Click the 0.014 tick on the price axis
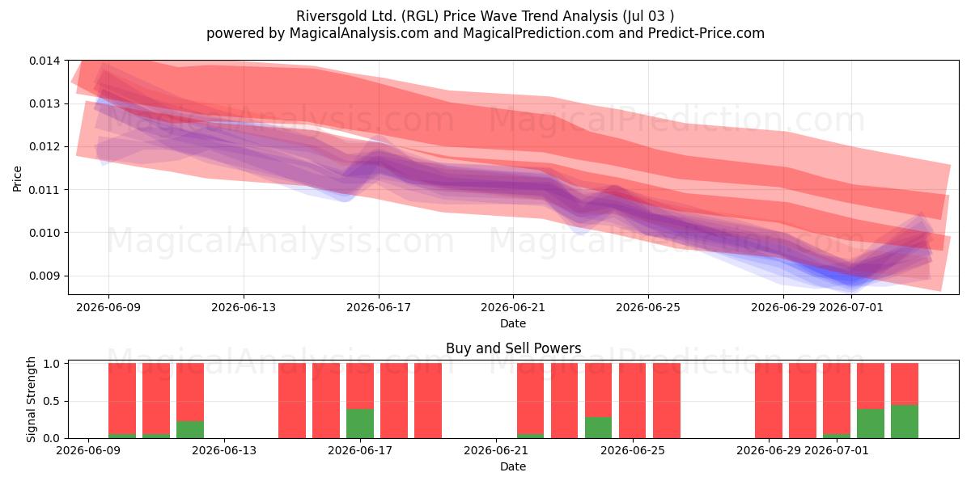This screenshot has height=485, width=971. pyautogui.click(x=45, y=61)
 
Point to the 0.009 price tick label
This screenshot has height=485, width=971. pyautogui.click(x=45, y=276)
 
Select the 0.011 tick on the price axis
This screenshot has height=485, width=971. pyautogui.click(x=45, y=190)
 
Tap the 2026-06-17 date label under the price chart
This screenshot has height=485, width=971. pyautogui.click(x=379, y=307)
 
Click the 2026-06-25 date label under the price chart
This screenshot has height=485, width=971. pyautogui.click(x=648, y=307)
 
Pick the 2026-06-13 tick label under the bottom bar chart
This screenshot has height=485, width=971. pyautogui.click(x=224, y=451)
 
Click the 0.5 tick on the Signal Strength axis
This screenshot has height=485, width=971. pyautogui.click(x=52, y=401)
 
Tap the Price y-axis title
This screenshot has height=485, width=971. pyautogui.click(x=17, y=179)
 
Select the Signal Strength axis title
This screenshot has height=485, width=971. pyautogui.click(x=31, y=399)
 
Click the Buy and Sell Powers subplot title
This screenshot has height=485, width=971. pyautogui.click(x=513, y=348)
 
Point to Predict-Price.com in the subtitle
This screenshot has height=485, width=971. pyautogui.click(x=706, y=33)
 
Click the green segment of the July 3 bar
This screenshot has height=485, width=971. pyautogui.click(x=905, y=421)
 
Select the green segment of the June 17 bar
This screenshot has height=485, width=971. pyautogui.click(x=360, y=423)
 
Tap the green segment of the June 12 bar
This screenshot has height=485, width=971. pyautogui.click(x=190, y=429)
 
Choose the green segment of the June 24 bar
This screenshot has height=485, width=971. pyautogui.click(x=598, y=427)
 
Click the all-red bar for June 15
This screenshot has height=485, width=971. pyautogui.click(x=292, y=401)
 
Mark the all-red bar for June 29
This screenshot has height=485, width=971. pyautogui.click(x=769, y=401)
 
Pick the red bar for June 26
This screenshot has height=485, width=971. pyautogui.click(x=666, y=401)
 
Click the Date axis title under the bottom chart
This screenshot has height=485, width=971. pyautogui.click(x=513, y=466)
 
